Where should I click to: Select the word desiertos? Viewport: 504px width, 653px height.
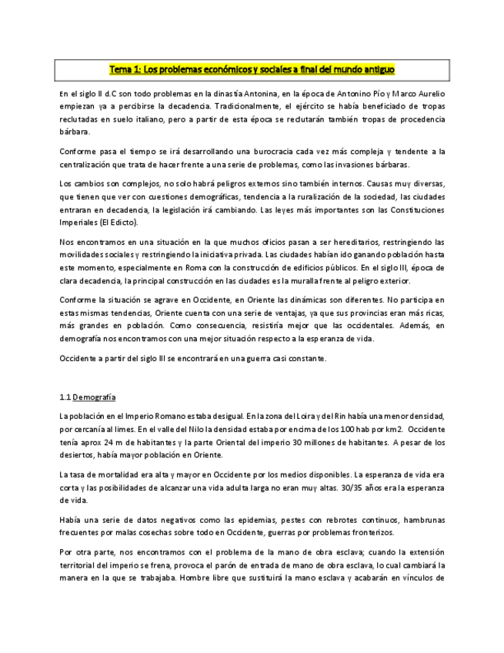tap(75, 455)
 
